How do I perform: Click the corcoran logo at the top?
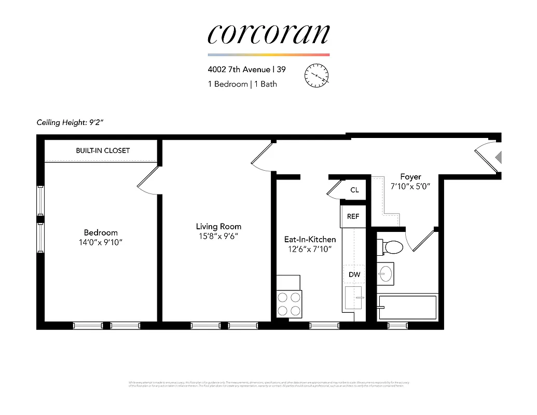pyautogui.click(x=268, y=34)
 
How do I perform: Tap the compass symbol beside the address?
pyautogui.click(x=316, y=75)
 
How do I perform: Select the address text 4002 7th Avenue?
pyautogui.click(x=239, y=70)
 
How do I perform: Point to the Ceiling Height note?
pyautogui.click(x=71, y=123)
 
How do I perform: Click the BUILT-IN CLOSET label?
pyautogui.click(x=103, y=150)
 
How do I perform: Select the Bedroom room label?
pyautogui.click(x=101, y=232)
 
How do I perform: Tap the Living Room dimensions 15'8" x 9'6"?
pyautogui.click(x=218, y=236)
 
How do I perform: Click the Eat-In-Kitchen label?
pyautogui.click(x=310, y=239)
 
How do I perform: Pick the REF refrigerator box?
pyautogui.click(x=353, y=216)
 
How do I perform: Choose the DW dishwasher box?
pyautogui.click(x=354, y=275)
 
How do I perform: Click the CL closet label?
pyautogui.click(x=354, y=190)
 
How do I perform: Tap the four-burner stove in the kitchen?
pyautogui.click(x=290, y=304)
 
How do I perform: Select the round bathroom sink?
pyautogui.click(x=386, y=274)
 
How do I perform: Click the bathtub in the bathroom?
pyautogui.click(x=408, y=307)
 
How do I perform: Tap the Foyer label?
pyautogui.click(x=410, y=177)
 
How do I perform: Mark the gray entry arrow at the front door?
pyautogui.click(x=499, y=157)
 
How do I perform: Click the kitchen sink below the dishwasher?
pyautogui.click(x=353, y=298)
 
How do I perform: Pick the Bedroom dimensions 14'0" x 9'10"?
pyautogui.click(x=101, y=242)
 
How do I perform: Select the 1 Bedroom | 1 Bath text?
pyautogui.click(x=242, y=84)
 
